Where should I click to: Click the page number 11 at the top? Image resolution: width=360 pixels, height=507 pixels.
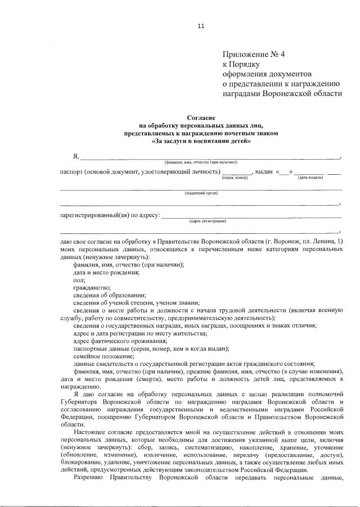click(x=201, y=25)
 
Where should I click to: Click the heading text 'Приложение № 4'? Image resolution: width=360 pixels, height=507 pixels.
click(x=254, y=55)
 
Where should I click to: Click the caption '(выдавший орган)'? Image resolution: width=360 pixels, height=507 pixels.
click(x=201, y=193)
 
